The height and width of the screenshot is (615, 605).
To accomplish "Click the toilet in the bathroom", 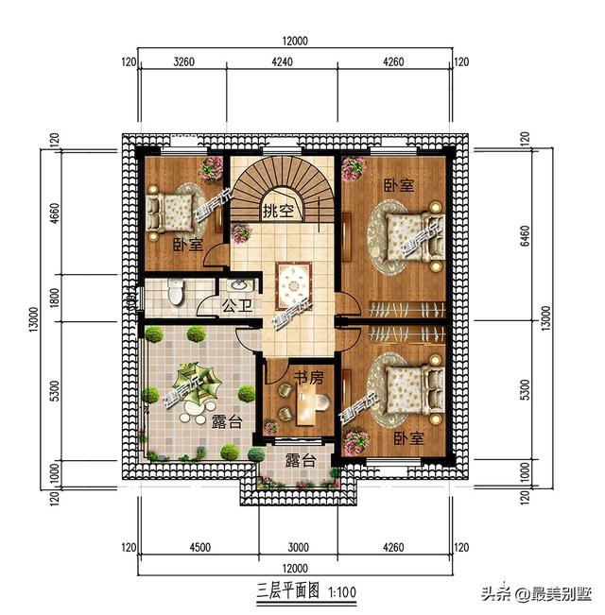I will click(174, 292).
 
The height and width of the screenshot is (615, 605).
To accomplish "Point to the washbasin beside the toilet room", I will click(237, 285).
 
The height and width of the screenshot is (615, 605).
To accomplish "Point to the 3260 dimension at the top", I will click(184, 63).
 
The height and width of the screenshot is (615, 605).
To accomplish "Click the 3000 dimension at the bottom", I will click(299, 546).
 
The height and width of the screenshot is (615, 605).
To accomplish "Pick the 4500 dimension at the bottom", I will click(199, 546).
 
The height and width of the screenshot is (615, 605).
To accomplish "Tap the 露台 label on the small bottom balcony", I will click(300, 461).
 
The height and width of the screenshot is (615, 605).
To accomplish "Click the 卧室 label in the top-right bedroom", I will click(398, 185).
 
